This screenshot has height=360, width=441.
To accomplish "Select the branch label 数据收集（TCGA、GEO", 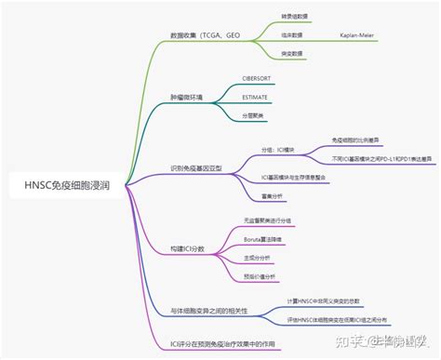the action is (207, 35).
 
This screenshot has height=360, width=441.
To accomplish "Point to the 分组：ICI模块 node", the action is (280, 148).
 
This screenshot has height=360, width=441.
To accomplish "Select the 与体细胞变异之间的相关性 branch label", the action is (209, 310).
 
